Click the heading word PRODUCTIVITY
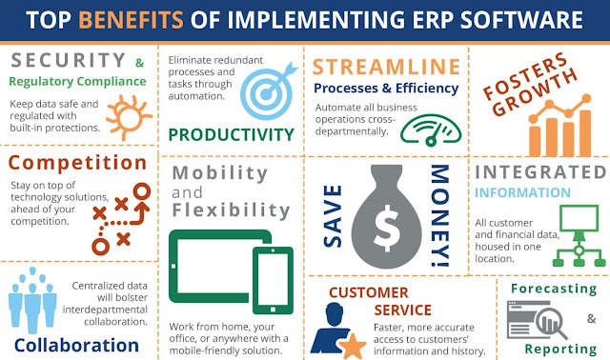[231, 133]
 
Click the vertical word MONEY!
[438, 215]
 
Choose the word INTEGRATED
[539, 172]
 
